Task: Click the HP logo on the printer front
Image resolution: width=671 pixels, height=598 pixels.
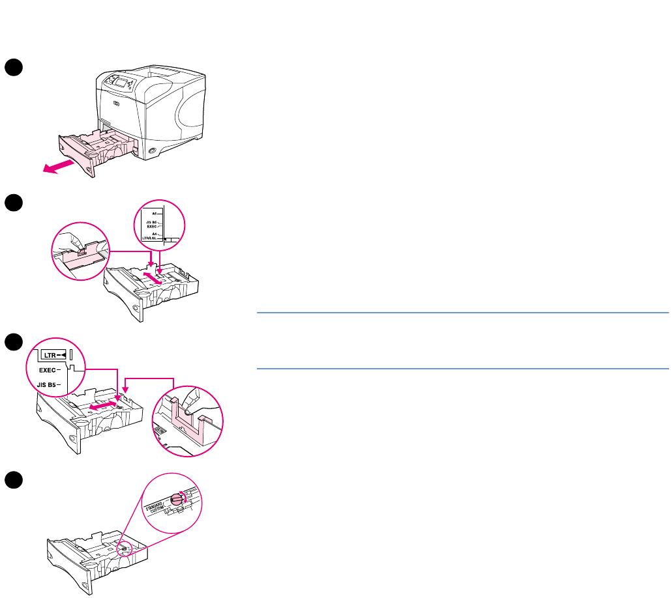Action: coord(117,104)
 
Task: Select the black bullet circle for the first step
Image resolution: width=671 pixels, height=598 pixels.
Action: coord(14,66)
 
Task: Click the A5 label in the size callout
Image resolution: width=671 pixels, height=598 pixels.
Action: coord(154,213)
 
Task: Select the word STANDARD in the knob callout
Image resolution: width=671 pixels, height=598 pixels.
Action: coord(156,502)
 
